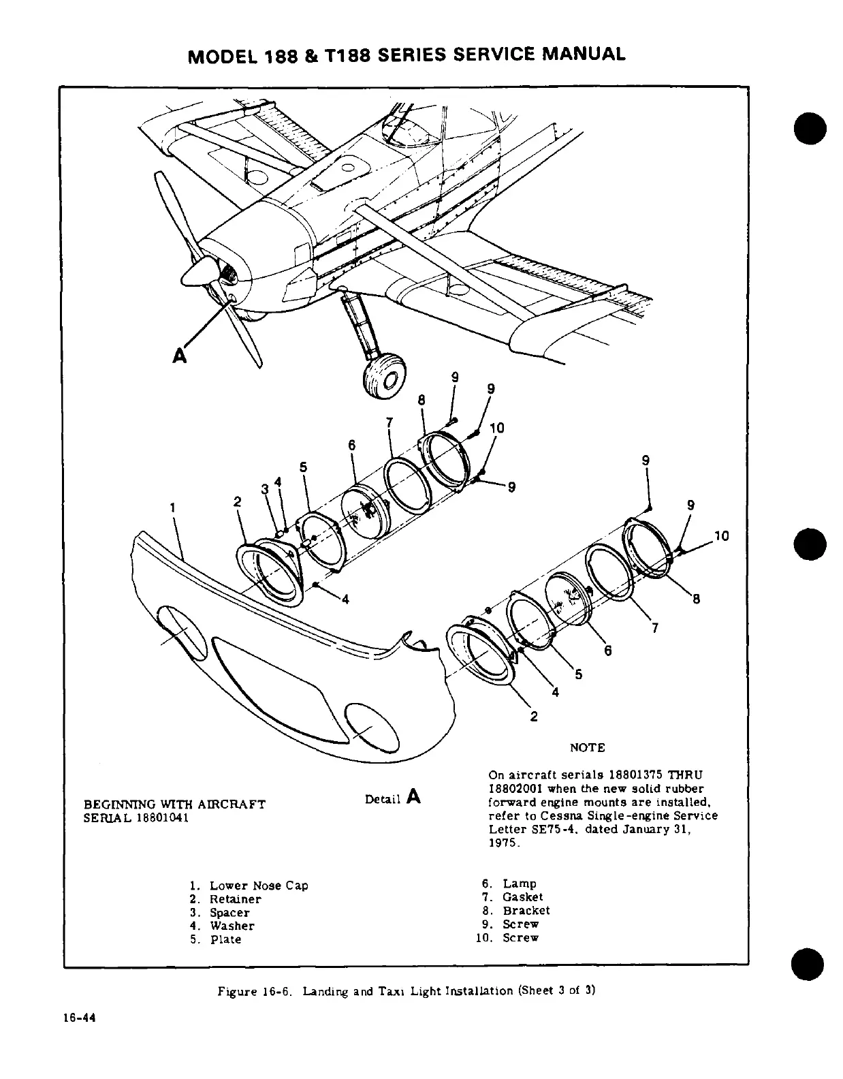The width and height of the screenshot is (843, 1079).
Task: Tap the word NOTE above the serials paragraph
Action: click(x=586, y=747)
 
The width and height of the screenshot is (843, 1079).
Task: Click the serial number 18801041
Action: click(x=157, y=817)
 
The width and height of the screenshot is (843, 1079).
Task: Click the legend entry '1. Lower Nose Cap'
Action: click(x=249, y=886)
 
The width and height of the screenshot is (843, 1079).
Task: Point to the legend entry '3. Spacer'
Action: click(x=220, y=913)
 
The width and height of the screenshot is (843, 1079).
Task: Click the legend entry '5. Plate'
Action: click(x=216, y=939)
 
